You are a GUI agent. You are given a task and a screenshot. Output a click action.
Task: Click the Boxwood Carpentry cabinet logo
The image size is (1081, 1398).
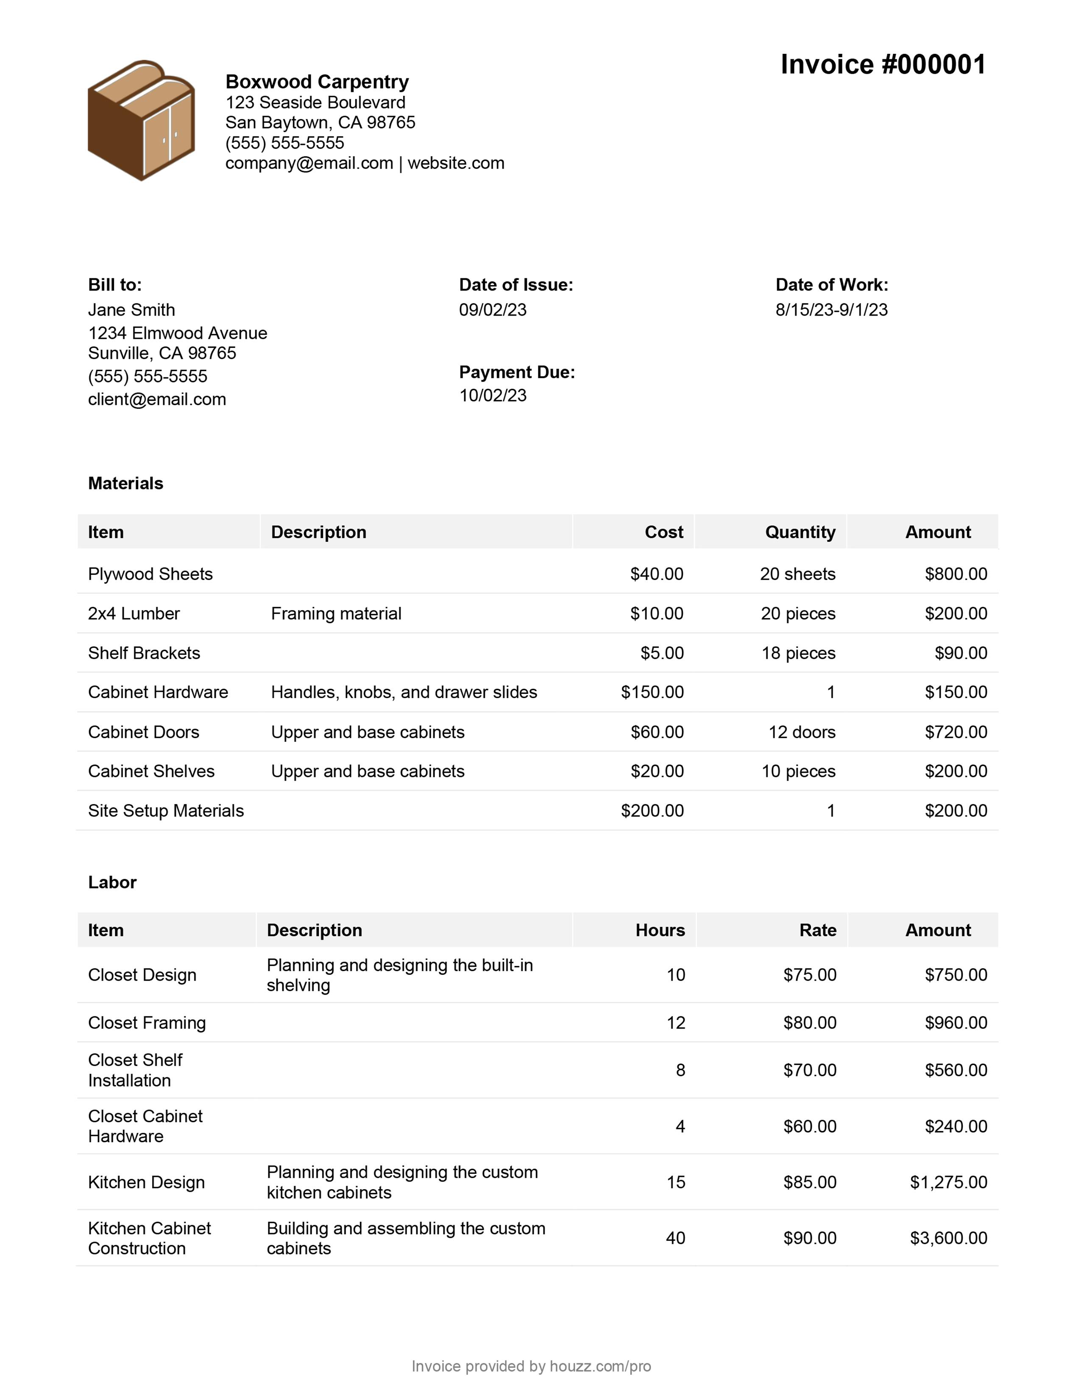[x=141, y=120]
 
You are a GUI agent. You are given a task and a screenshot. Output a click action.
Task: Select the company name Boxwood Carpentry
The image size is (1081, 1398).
[x=317, y=82]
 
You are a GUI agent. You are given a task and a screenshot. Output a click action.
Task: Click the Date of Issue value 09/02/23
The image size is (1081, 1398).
[x=493, y=310]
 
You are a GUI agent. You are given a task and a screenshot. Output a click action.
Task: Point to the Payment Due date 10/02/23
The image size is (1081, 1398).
[x=493, y=396]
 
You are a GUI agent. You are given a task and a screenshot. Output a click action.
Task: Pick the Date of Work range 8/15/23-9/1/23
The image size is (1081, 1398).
[x=831, y=310]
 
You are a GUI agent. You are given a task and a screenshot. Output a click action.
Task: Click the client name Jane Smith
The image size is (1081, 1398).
[x=131, y=310]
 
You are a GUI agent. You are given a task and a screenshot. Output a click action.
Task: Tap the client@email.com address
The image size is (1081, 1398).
[x=157, y=399]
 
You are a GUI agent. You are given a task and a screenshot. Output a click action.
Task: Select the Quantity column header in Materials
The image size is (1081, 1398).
[x=800, y=532]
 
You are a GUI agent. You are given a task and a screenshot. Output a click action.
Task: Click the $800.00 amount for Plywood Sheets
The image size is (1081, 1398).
[x=956, y=574]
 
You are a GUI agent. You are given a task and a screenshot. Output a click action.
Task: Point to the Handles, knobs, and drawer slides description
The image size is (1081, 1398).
[x=404, y=692]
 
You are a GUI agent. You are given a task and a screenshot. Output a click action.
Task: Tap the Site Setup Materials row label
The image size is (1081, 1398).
[x=166, y=811]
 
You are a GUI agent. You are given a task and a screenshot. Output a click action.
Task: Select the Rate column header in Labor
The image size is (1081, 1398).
[x=818, y=930]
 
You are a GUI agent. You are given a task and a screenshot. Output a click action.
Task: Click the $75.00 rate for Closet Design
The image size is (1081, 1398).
[x=809, y=975]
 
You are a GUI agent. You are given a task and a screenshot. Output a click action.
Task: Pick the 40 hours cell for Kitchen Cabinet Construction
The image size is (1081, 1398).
[x=676, y=1238]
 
